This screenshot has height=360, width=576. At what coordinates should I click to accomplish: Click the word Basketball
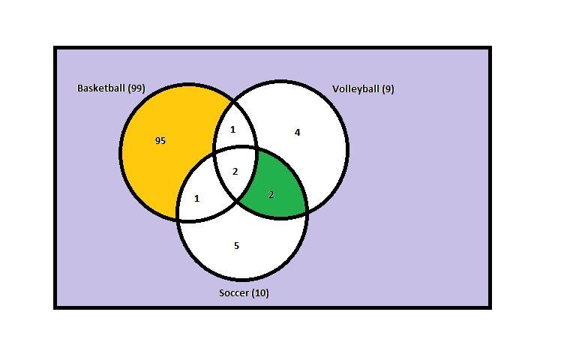click(x=101, y=88)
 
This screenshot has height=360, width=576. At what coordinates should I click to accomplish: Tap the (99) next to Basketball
click(x=136, y=88)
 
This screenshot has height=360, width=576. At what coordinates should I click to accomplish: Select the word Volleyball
click(x=355, y=89)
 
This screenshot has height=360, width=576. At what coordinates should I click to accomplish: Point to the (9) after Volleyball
click(x=388, y=89)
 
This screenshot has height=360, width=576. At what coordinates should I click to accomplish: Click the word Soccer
click(x=234, y=292)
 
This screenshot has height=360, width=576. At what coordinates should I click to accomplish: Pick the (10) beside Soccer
click(x=260, y=292)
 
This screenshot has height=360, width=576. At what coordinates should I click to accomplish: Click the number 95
click(x=160, y=141)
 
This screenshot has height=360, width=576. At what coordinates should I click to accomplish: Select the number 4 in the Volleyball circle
click(x=297, y=132)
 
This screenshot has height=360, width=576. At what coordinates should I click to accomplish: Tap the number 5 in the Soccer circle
click(x=236, y=245)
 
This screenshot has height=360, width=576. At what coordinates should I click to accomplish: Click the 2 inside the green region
click(x=271, y=195)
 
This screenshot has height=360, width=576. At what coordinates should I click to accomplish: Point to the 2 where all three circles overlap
click(x=235, y=171)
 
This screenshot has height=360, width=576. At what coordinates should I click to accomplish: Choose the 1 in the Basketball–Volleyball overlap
click(x=232, y=129)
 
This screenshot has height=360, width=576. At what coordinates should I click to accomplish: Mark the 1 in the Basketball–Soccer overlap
click(x=197, y=199)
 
